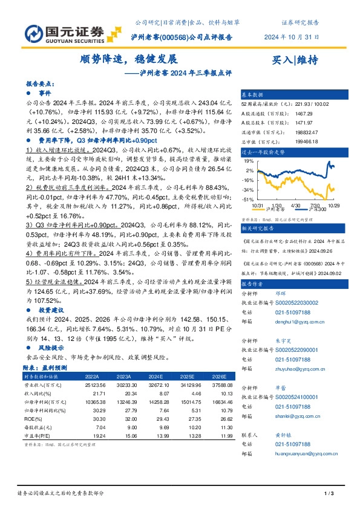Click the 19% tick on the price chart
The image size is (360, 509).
tap(249, 162)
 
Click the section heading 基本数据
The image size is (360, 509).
tap(253, 95)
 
